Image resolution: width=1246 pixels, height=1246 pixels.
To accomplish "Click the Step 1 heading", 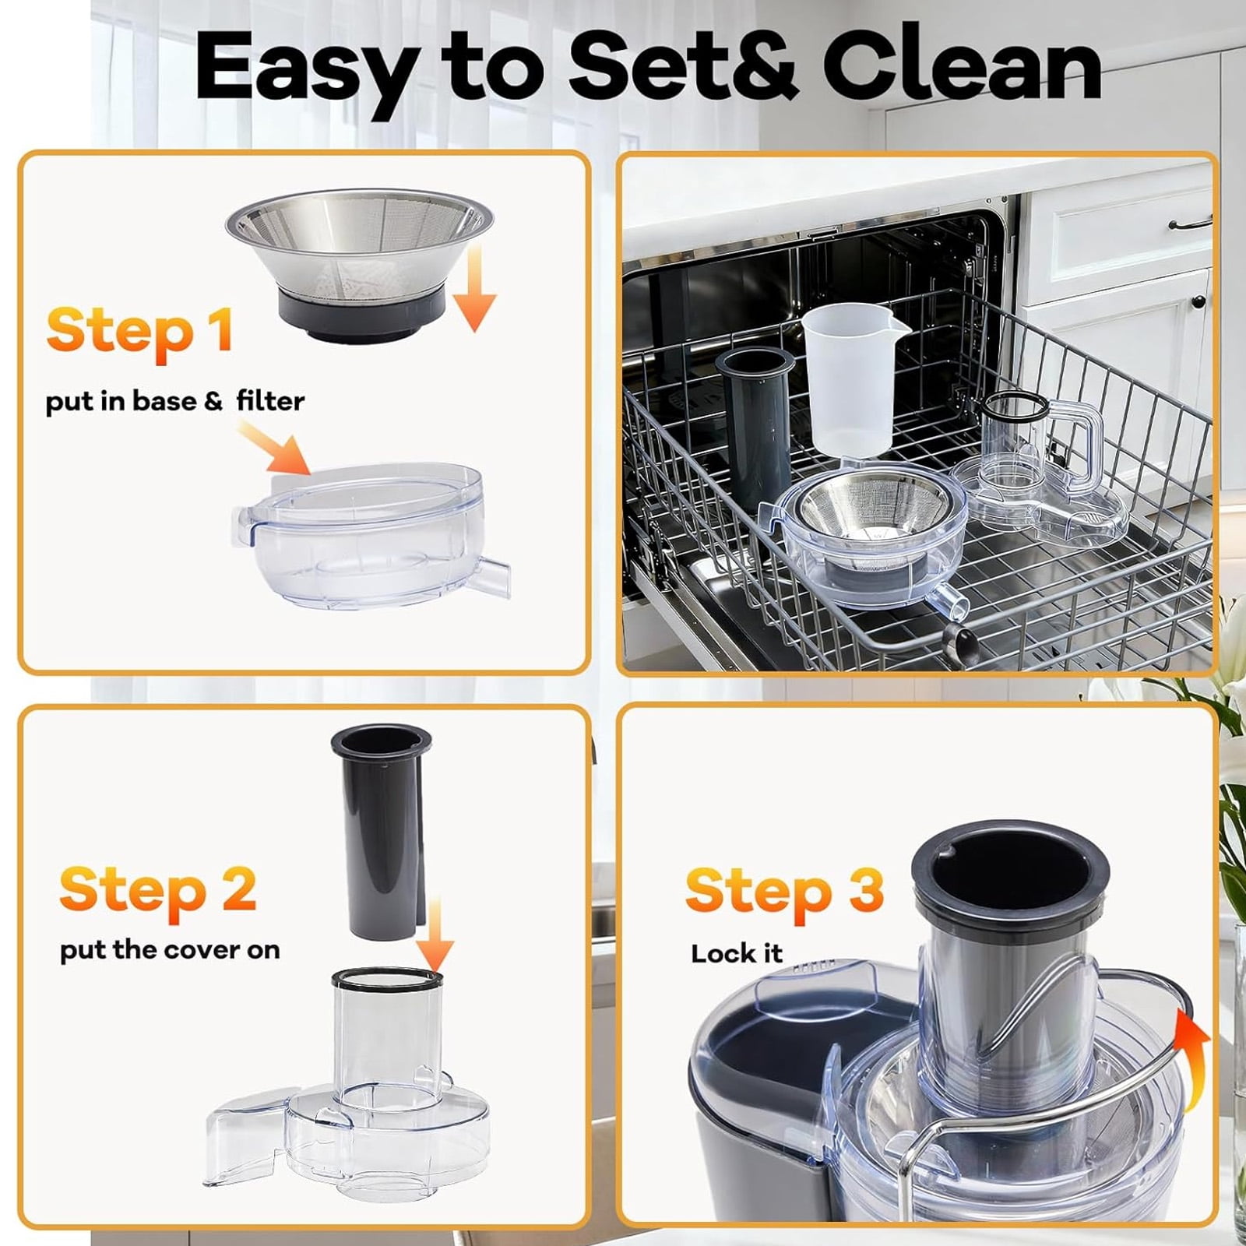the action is pos(139,331).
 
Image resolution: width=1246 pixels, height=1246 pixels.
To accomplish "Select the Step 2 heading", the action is pos(158,889).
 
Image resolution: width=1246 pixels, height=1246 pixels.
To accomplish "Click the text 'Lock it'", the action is pos(736,953).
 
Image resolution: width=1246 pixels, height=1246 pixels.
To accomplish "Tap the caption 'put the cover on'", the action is pos(170,951).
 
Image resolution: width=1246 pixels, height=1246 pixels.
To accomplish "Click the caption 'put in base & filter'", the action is pos(175,402).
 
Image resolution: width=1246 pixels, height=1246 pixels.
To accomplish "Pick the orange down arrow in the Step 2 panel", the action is pos(435,935).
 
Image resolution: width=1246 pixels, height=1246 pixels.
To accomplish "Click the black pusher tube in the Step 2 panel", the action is pos(381,834).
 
